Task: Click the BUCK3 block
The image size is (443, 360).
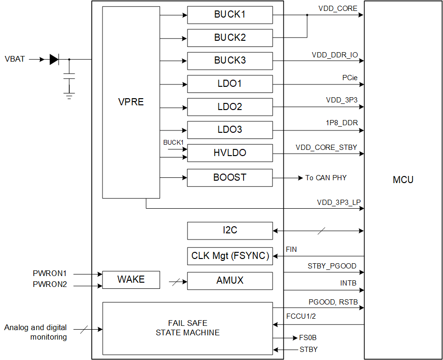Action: tap(230, 61)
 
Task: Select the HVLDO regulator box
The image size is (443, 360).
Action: tap(230, 153)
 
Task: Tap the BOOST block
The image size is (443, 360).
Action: tap(230, 177)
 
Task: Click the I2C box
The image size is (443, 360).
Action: tap(230, 231)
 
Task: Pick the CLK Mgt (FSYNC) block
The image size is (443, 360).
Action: tap(230, 256)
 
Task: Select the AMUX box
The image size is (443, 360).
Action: tap(230, 280)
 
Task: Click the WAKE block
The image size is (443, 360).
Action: tap(131, 279)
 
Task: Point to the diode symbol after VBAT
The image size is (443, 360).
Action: tap(54, 59)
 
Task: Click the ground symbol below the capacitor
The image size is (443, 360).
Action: tap(69, 96)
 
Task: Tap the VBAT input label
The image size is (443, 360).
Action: tap(15, 59)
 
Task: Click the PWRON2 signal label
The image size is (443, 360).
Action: tap(50, 285)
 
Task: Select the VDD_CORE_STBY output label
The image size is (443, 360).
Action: tap(326, 148)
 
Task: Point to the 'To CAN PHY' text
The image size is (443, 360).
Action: tap(326, 178)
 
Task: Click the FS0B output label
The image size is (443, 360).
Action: tap(308, 338)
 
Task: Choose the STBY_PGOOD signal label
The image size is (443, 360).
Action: tap(332, 266)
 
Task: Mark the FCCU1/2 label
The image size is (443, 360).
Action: tap(301, 316)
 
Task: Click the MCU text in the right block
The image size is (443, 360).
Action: tap(403, 180)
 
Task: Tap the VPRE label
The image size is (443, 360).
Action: tap(131, 102)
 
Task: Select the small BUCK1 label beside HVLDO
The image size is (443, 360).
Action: tap(173, 142)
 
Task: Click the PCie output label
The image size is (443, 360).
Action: tap(350, 78)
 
